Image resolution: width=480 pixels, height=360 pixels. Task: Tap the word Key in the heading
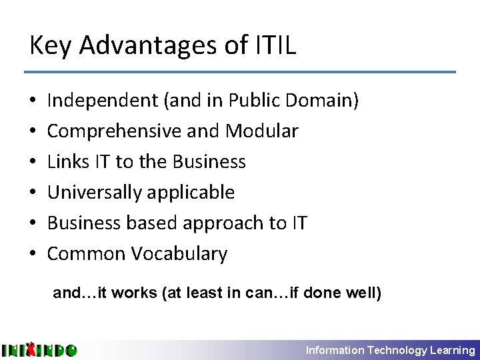pyautogui.click(x=50, y=47)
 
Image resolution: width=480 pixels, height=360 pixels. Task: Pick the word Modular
pyautogui.click(x=262, y=131)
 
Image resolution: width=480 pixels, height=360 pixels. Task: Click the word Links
pyautogui.click(x=65, y=161)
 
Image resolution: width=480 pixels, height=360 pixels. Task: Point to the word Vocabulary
pyautogui.click(x=179, y=253)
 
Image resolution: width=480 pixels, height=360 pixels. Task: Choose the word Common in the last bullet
pyautogui.click(x=86, y=253)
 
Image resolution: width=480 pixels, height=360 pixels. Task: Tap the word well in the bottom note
pyautogui.click(x=363, y=293)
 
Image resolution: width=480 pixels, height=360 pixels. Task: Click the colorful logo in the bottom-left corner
pyautogui.click(x=39, y=349)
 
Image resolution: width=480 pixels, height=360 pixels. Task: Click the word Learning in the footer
pyautogui.click(x=453, y=350)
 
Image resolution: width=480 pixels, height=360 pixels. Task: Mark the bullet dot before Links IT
pyautogui.click(x=33, y=162)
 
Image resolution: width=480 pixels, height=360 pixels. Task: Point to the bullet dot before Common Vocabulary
pyautogui.click(x=33, y=254)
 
